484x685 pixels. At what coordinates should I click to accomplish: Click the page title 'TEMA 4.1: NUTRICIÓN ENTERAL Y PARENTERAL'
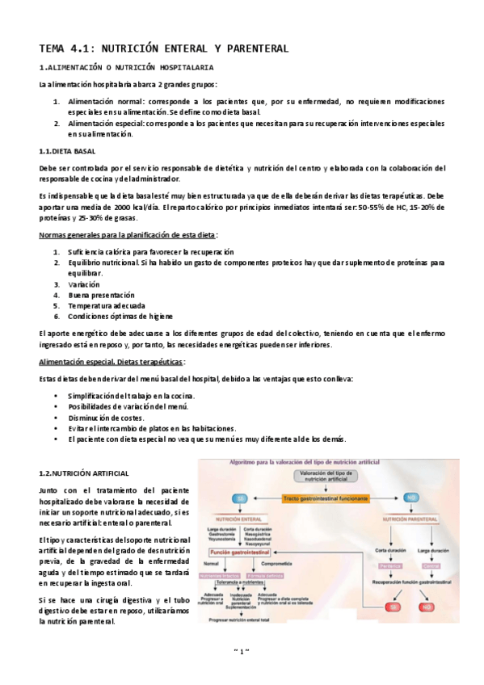click(x=164, y=49)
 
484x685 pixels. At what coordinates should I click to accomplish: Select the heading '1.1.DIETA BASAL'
click(x=67, y=151)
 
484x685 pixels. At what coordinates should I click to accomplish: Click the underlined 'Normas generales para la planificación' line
click(x=128, y=235)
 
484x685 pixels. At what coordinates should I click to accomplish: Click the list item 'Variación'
click(x=84, y=284)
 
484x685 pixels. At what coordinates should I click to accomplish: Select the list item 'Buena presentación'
click(x=102, y=295)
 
